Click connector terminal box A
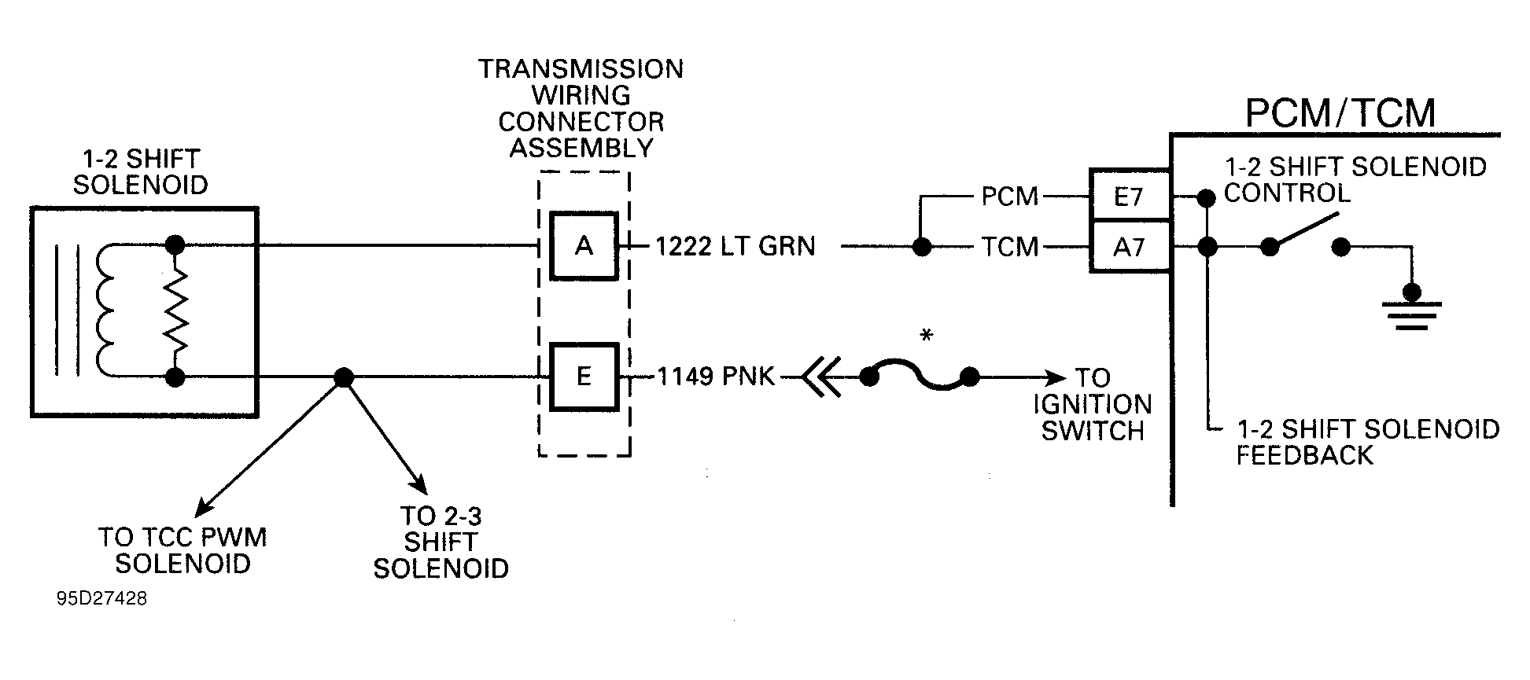click(x=584, y=246)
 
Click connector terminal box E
click(x=584, y=377)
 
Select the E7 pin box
click(x=1129, y=196)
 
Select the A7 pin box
click(x=1129, y=248)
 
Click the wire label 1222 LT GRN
click(x=736, y=247)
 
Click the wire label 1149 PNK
click(x=716, y=377)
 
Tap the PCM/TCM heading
click(x=1340, y=113)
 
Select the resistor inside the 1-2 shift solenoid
click(x=175, y=311)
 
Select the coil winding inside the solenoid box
click(x=106, y=311)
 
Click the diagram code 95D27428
click(x=101, y=599)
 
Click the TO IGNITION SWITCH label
click(x=1093, y=405)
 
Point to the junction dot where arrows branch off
click(x=343, y=377)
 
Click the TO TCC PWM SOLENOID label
click(x=182, y=550)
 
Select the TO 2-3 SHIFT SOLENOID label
click(x=441, y=542)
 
